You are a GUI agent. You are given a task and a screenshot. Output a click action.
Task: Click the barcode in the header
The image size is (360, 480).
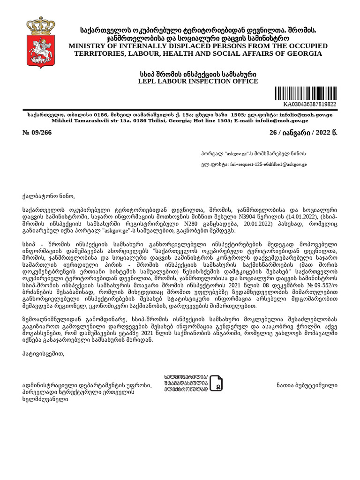click(x=306, y=93)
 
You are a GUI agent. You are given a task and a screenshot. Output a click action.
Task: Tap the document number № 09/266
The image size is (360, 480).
click(x=37, y=133)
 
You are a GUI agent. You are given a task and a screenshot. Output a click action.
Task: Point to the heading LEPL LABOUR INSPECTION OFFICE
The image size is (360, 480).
click(x=191, y=82)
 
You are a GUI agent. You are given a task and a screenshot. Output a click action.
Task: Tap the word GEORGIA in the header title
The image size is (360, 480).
click(x=305, y=53)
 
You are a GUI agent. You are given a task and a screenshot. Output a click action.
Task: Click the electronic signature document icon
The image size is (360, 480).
click(x=216, y=383)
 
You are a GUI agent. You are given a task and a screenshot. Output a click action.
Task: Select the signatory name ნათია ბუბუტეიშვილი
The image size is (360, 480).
click(x=307, y=385)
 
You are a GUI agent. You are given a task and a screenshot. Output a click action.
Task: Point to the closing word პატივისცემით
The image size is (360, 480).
click(x=43, y=354)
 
